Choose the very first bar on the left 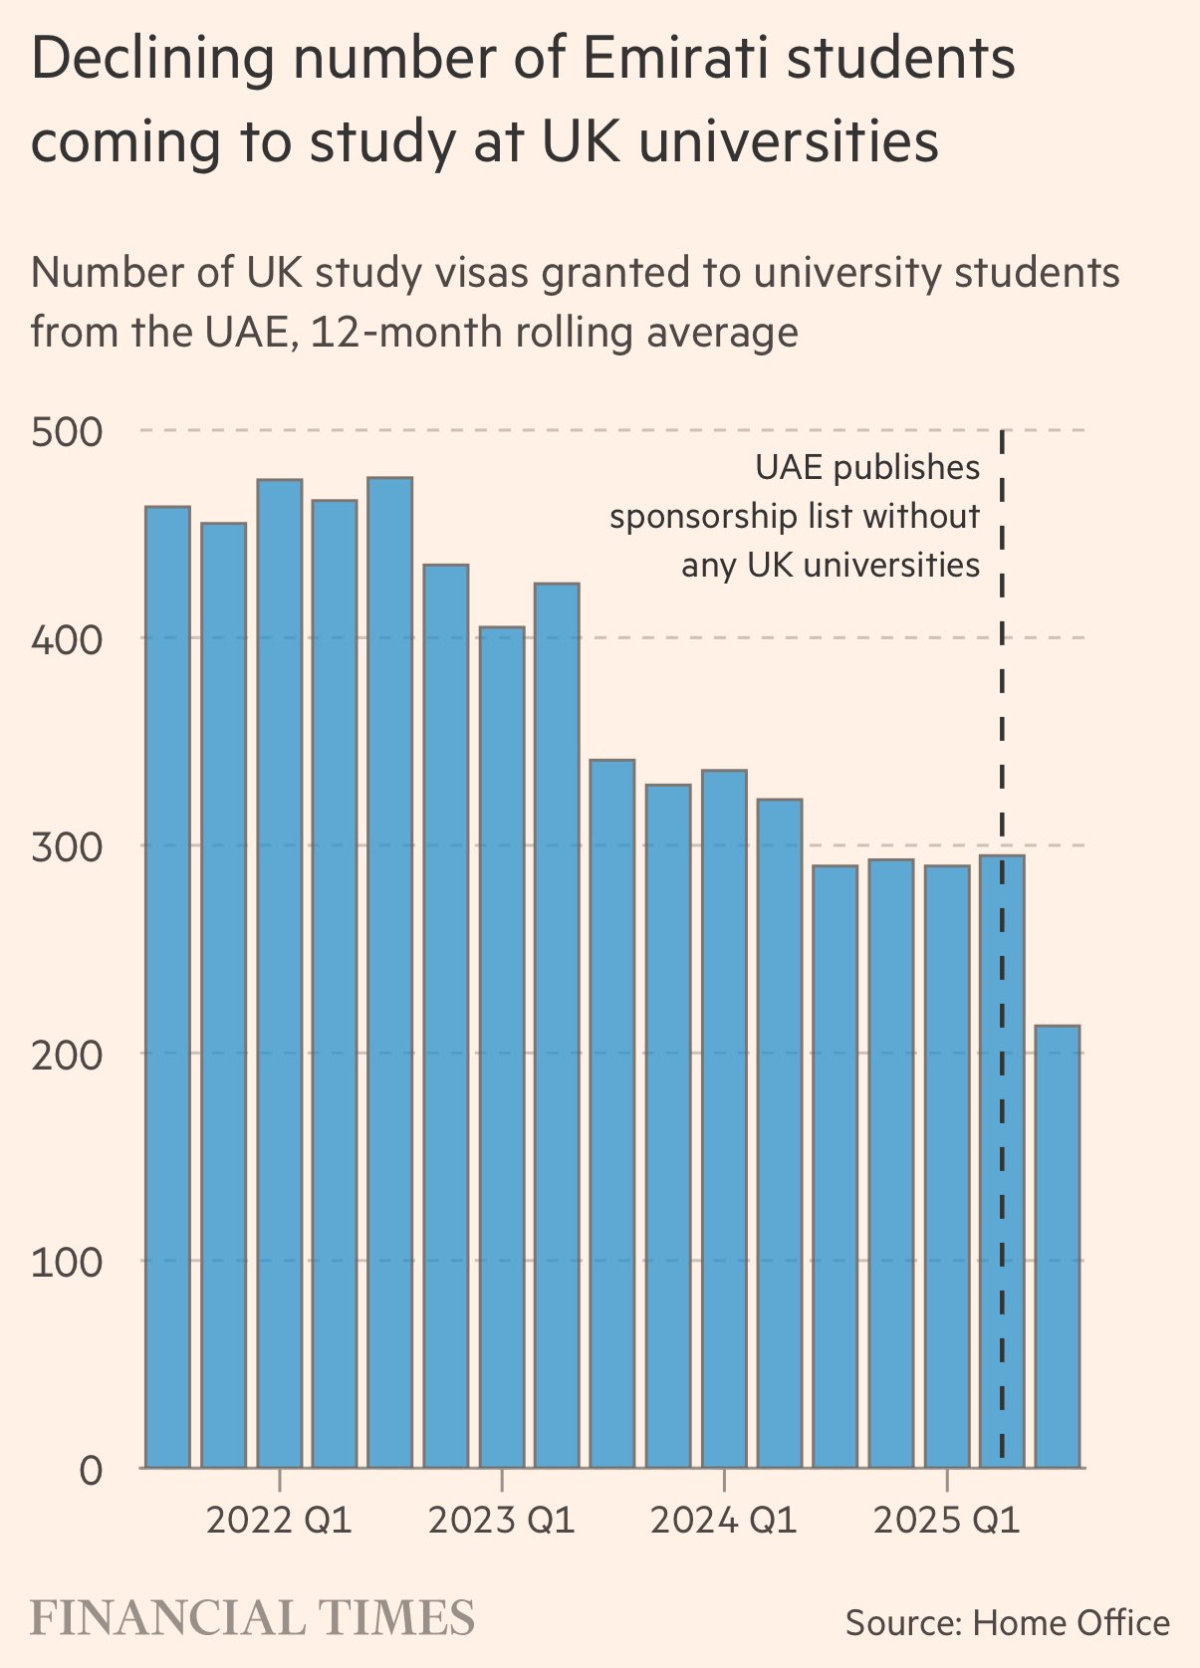pyautogui.click(x=167, y=987)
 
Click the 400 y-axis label pyautogui.click(x=67, y=639)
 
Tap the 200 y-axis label pyautogui.click(x=67, y=1055)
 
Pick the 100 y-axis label pyautogui.click(x=67, y=1263)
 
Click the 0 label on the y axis pyautogui.click(x=90, y=1470)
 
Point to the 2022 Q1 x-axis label pyautogui.click(x=279, y=1521)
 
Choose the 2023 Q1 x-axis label pyautogui.click(x=501, y=1521)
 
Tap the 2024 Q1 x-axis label pyautogui.click(x=724, y=1521)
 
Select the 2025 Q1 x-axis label pyautogui.click(x=946, y=1521)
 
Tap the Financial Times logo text pyautogui.click(x=253, y=1617)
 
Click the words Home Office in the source pyautogui.click(x=1071, y=1623)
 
